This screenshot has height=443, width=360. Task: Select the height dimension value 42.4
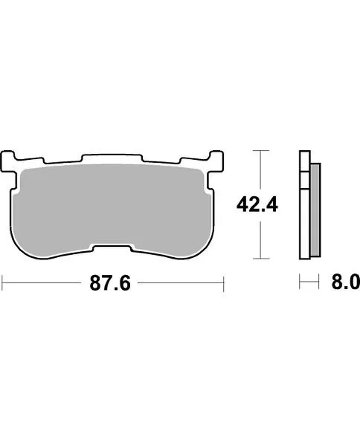click(x=257, y=203)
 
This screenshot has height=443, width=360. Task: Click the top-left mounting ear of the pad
click(x=10, y=159)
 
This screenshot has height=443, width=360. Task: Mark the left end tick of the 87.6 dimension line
click(x=3, y=282)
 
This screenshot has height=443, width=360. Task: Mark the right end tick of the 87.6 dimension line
click(x=224, y=282)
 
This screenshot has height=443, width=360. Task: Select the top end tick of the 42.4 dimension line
click(x=258, y=151)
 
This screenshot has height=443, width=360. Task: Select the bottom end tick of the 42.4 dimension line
click(x=258, y=259)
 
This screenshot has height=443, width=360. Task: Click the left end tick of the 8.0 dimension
click(x=299, y=282)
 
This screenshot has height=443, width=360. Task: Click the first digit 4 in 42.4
click(x=242, y=203)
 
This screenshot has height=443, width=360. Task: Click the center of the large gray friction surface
click(x=112, y=204)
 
